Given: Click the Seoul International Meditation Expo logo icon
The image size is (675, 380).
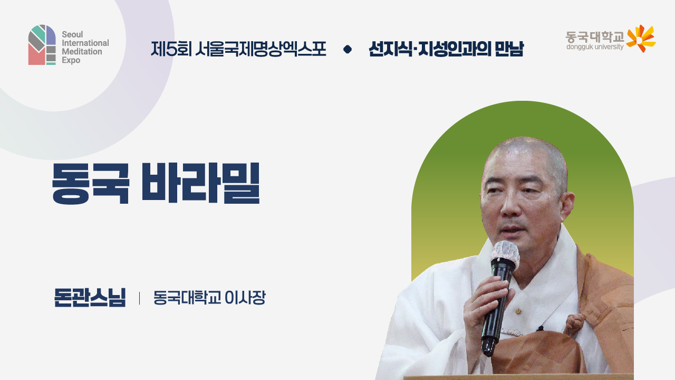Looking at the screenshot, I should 42,45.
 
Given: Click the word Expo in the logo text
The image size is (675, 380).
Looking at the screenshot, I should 71,61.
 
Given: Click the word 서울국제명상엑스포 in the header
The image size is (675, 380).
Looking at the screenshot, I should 260,49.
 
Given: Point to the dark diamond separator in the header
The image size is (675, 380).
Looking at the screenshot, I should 347,49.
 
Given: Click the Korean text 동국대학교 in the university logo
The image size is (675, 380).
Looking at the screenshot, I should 594,36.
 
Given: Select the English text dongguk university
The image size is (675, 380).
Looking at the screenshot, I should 594,47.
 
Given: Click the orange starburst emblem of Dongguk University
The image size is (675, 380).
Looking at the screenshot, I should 641,39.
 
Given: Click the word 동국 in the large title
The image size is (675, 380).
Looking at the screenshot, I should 90,184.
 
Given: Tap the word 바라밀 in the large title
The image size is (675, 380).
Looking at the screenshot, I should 200,184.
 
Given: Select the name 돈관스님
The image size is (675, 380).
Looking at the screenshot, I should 90,298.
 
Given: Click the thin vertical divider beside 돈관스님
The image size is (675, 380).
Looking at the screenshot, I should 139,298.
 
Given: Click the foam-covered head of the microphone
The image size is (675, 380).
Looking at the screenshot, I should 505,254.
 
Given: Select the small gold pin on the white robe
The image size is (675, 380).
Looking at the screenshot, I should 519,311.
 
